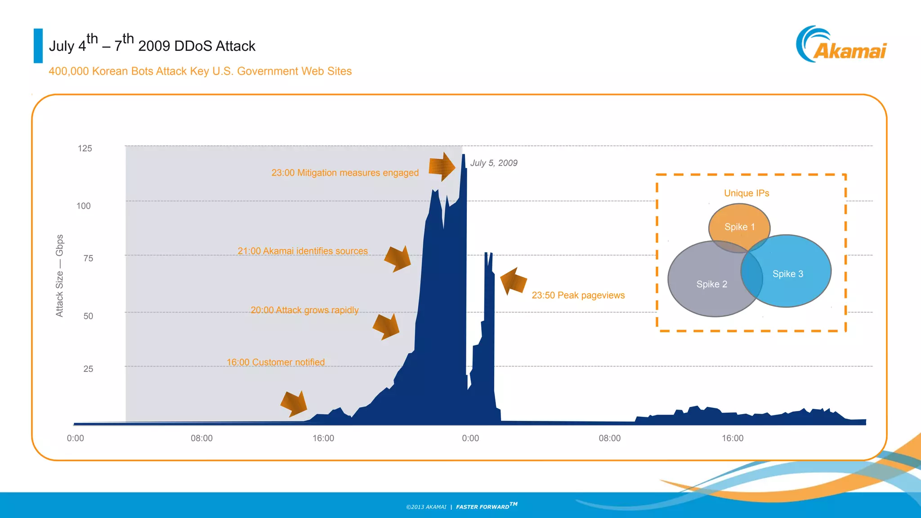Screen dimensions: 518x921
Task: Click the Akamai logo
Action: (x=841, y=45)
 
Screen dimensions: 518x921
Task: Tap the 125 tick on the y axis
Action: (x=85, y=148)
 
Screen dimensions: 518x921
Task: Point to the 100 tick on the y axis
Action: (x=84, y=206)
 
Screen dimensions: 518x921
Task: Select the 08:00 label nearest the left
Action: (x=201, y=438)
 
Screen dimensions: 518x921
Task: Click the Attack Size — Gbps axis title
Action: (x=59, y=276)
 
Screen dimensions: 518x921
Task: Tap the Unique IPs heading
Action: (x=747, y=193)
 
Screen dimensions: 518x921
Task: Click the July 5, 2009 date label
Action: (x=494, y=163)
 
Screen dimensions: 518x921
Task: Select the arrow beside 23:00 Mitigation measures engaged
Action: (x=442, y=167)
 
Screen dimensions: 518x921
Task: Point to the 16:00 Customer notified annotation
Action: (x=275, y=362)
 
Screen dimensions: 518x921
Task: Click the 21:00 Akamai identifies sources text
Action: (x=302, y=251)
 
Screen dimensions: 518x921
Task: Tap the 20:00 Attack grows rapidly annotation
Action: (x=304, y=310)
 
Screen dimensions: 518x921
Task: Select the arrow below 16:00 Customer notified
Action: (x=294, y=403)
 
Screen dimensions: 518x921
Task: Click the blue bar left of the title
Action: (x=38, y=46)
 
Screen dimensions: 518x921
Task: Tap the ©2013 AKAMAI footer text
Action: (x=426, y=507)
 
